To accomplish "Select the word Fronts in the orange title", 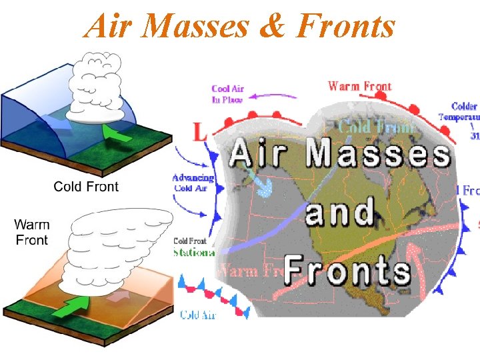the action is point(345,27).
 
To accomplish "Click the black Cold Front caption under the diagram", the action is point(86,186).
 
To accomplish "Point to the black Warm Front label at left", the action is point(32,231).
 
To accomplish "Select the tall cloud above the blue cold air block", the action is point(96,90).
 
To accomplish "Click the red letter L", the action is point(199,132).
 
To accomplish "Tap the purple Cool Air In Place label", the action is point(227,94).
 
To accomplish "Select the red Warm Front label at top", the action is point(360,86).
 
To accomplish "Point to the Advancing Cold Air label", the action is point(193,183).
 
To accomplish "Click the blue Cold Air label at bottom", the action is point(198,315).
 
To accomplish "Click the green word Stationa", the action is point(193,253).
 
